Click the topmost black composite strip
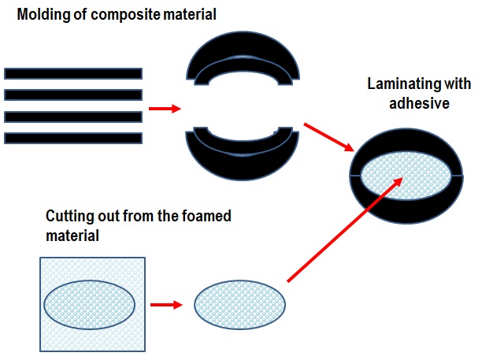pyautogui.click(x=73, y=74)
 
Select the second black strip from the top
pyautogui.click(x=73, y=95)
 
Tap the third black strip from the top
pyautogui.click(x=73, y=117)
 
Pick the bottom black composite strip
pyautogui.click(x=73, y=138)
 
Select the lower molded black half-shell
pyautogui.click(x=243, y=157)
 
